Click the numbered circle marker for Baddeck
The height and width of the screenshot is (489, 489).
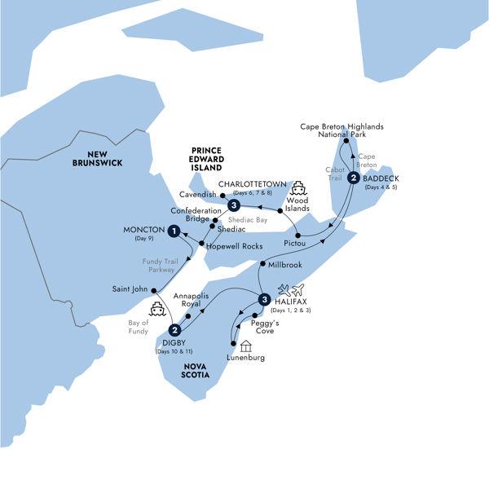pos(353,178)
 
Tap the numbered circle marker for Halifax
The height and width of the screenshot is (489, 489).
pos(263,300)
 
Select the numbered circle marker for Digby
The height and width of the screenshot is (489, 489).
pos(174,330)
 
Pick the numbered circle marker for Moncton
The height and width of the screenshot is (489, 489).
pos(174,231)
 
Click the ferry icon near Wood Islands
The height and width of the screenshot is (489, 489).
pos(299,187)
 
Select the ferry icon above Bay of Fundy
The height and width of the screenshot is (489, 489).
pos(156,310)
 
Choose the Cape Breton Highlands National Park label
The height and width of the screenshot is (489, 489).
pos(342,131)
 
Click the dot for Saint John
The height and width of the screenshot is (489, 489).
pos(151,289)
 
